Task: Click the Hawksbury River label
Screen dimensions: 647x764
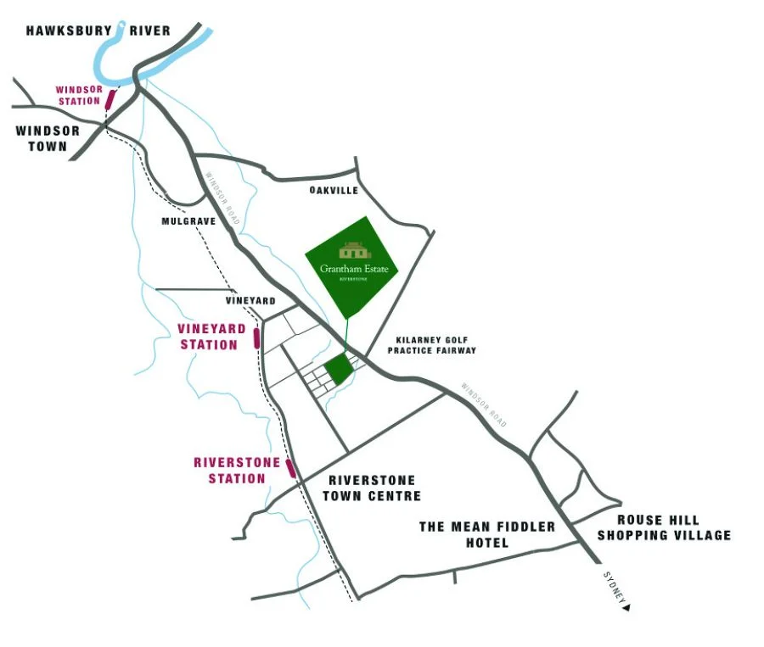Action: pyautogui.click(x=98, y=31)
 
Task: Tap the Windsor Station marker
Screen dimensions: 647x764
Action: pyautogui.click(x=109, y=99)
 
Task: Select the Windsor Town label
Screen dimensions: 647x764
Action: pyautogui.click(x=48, y=138)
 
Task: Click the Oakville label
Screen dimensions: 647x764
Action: pyautogui.click(x=334, y=192)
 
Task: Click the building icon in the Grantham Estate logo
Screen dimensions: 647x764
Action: pyautogui.click(x=354, y=251)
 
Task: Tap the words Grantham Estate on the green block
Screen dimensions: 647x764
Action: pyautogui.click(x=354, y=268)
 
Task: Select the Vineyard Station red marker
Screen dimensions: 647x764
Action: pyautogui.click(x=256, y=338)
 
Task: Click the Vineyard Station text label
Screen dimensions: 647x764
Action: pyautogui.click(x=211, y=337)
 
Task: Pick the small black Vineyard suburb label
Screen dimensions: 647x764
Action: pyautogui.click(x=250, y=301)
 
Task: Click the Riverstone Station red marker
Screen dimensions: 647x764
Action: pyautogui.click(x=290, y=467)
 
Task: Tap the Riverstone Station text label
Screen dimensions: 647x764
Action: pyautogui.click(x=230, y=471)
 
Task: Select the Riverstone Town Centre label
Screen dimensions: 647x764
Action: pyautogui.click(x=374, y=488)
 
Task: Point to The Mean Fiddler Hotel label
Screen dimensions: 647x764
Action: pyautogui.click(x=487, y=534)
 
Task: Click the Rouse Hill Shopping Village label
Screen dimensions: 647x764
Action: pyautogui.click(x=664, y=527)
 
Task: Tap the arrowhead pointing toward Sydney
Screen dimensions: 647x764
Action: pyautogui.click(x=626, y=606)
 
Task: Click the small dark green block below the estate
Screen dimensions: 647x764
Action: pyautogui.click(x=339, y=370)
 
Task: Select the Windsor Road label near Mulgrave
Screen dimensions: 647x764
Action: pyautogui.click(x=223, y=200)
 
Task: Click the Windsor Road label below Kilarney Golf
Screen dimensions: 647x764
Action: pyautogui.click(x=484, y=405)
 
